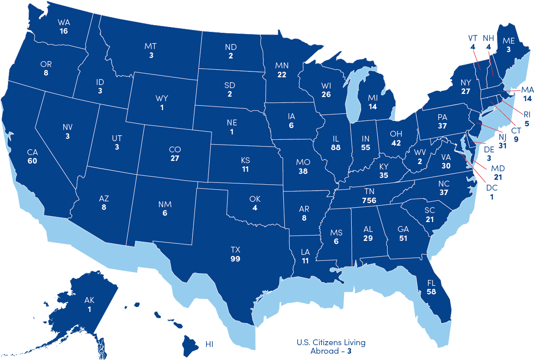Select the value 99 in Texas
pos(235,259)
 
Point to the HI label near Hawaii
pos(209,344)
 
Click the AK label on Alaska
pos(90,300)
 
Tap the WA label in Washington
pos(64,22)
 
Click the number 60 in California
pos(32,161)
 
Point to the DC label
pos(492,188)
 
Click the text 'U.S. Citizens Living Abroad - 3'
pos(331,347)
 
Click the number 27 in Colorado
pos(175,159)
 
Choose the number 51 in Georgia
pos(403,238)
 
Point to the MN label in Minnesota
pos(282,66)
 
